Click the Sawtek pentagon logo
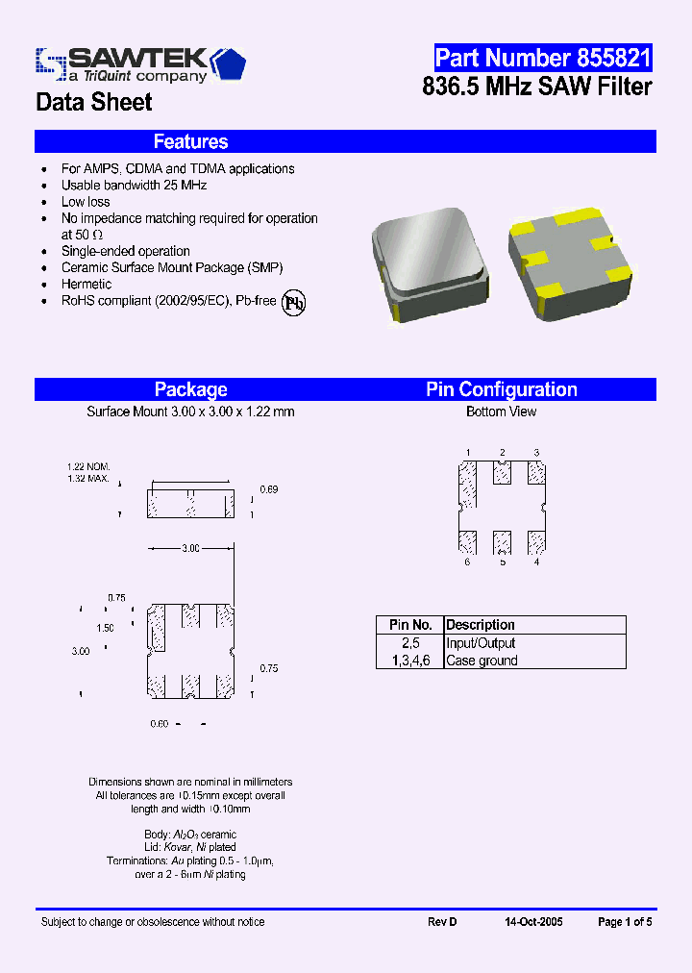click(229, 63)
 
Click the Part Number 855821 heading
click(542, 58)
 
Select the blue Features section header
click(190, 142)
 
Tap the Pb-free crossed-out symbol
click(293, 302)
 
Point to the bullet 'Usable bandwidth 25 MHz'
click(134, 185)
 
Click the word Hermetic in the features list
click(86, 285)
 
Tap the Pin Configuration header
click(501, 389)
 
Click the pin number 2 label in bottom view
click(502, 452)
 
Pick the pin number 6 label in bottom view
click(467, 561)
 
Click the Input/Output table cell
click(481, 643)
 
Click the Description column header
click(481, 625)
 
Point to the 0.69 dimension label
click(270, 489)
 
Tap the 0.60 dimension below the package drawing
click(160, 723)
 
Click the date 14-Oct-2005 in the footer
click(533, 922)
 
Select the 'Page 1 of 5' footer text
click(625, 922)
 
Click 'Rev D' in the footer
click(442, 922)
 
